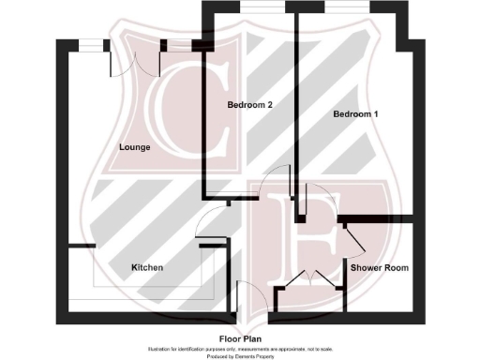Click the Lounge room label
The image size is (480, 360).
point(135,148)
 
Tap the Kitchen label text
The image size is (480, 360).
point(147,268)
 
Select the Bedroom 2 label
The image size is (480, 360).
point(249,105)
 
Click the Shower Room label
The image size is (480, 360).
point(380,268)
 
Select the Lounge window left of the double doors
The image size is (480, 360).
point(90,43)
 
